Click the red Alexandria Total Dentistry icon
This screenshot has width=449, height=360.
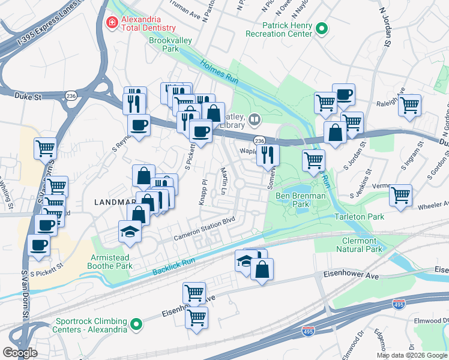coord(111,23)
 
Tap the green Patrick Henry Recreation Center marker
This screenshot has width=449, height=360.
coord(322,28)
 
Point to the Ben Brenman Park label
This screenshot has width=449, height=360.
coord(301,200)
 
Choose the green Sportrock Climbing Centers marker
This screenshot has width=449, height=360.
coord(137,325)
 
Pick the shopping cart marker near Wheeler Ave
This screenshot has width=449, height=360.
coord(400,195)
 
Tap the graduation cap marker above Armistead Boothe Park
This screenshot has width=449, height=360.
coord(129,231)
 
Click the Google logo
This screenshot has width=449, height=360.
coord(20,353)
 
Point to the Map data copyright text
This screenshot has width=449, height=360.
coord(411,355)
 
